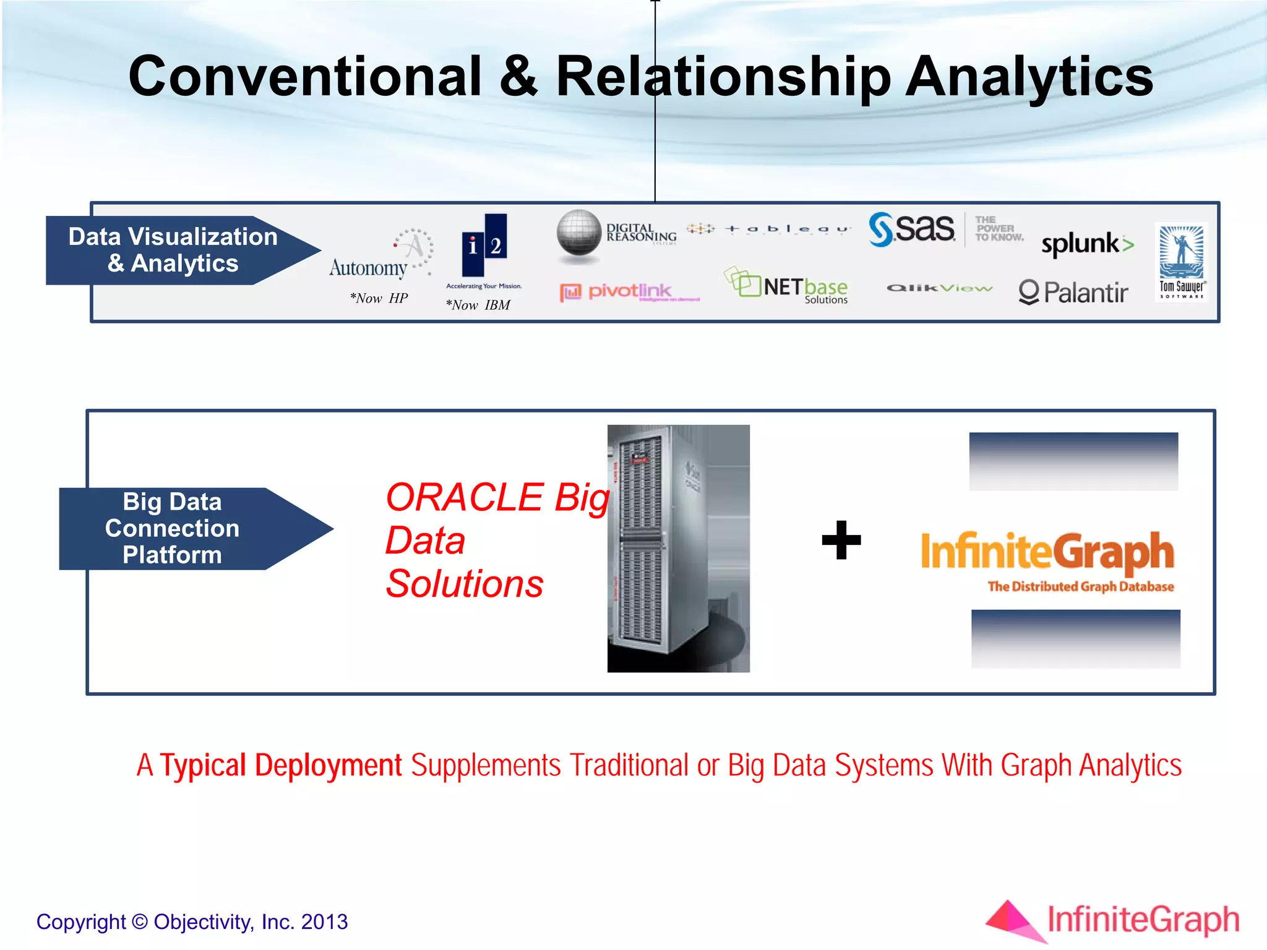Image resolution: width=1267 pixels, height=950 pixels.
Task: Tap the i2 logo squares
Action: tap(484, 245)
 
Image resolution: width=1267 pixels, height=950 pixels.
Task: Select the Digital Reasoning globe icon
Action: tap(578, 233)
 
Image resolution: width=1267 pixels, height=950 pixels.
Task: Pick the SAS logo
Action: tap(912, 229)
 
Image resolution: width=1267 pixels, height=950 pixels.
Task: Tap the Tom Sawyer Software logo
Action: tap(1181, 262)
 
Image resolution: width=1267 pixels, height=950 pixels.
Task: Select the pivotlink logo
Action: tap(628, 291)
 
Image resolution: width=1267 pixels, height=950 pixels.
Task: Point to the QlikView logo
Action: tap(939, 288)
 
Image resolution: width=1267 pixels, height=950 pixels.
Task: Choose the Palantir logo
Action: tap(1073, 292)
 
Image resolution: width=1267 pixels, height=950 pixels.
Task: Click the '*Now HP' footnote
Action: tap(379, 298)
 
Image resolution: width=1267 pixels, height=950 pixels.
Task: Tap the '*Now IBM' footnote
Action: tap(478, 305)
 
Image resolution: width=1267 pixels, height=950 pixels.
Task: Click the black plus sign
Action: tap(841, 540)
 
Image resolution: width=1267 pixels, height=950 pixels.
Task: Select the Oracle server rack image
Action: tap(678, 548)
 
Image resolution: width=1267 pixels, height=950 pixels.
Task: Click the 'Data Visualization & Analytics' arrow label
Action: tap(173, 250)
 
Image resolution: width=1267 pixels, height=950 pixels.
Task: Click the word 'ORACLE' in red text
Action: tap(464, 497)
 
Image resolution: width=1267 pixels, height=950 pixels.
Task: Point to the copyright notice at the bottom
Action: tap(192, 922)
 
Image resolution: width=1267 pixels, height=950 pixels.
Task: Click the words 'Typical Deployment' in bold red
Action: tap(281, 765)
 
